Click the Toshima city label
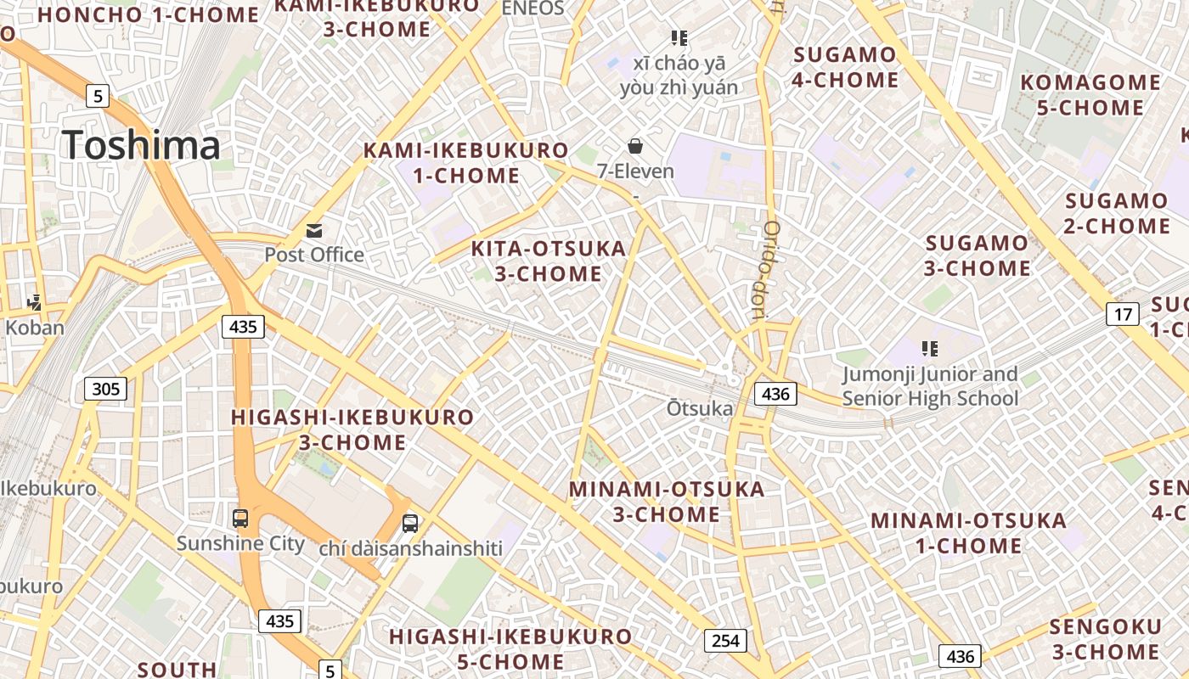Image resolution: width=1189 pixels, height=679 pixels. click(141, 145)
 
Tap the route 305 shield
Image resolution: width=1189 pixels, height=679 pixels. click(106, 390)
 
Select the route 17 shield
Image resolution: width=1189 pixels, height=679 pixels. click(1123, 315)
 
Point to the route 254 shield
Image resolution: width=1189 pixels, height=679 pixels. click(725, 641)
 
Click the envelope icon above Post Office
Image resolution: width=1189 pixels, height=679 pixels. click(314, 231)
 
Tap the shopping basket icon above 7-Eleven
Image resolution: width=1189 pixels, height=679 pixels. click(634, 146)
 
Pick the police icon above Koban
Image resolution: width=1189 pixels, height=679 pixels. click(35, 302)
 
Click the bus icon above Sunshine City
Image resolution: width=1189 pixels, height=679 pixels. click(240, 518)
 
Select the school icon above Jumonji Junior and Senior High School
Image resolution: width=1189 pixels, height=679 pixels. click(929, 349)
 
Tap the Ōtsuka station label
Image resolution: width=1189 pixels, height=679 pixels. click(700, 409)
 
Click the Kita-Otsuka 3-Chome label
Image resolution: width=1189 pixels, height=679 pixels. click(549, 261)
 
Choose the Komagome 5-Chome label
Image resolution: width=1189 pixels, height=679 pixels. click(1090, 95)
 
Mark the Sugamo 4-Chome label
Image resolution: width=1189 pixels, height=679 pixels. click(845, 68)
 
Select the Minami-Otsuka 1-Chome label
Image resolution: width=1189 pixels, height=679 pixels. click(969, 533)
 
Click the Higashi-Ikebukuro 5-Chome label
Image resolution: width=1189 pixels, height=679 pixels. click(510, 648)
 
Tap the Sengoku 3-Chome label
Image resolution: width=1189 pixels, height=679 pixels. click(1106, 639)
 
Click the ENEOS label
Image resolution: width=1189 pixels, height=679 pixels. click(533, 8)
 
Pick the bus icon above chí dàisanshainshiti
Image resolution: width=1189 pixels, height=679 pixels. click(410, 523)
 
